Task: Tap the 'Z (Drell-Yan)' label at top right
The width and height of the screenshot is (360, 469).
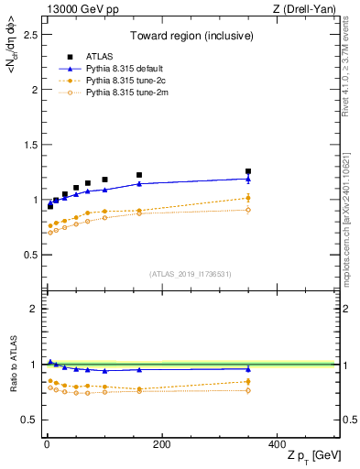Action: [x=308, y=9]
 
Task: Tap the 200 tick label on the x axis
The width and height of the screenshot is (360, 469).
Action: [x=161, y=444]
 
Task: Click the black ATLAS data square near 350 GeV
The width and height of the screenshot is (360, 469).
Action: [x=248, y=171]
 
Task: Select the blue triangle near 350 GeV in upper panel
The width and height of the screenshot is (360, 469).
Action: [x=248, y=179]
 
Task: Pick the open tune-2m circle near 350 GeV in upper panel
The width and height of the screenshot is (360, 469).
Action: [x=248, y=210]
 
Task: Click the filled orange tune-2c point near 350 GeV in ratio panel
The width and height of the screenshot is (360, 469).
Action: [x=248, y=381]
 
